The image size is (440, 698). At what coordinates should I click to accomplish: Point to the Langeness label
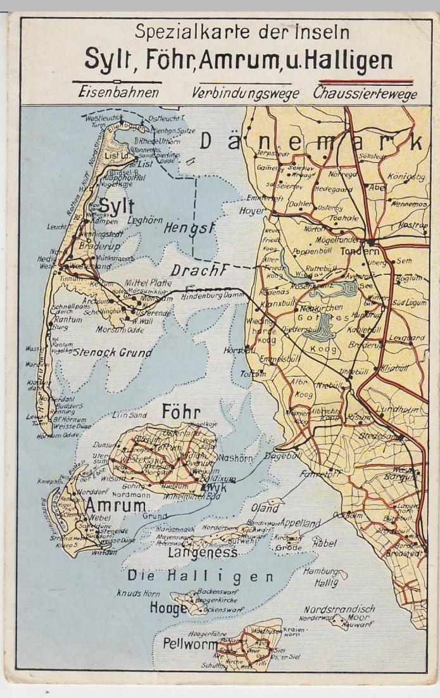click(203, 553)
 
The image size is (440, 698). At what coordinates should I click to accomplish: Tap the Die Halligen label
click(200, 576)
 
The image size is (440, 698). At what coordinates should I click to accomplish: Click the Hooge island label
click(167, 609)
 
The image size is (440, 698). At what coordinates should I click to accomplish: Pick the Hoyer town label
click(251, 210)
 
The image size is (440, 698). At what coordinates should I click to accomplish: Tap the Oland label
click(265, 508)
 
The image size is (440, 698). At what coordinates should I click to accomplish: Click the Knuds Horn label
click(137, 593)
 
